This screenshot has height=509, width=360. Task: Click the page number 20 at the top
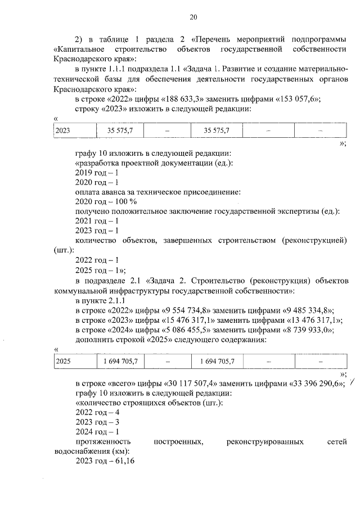coord(193,17)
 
